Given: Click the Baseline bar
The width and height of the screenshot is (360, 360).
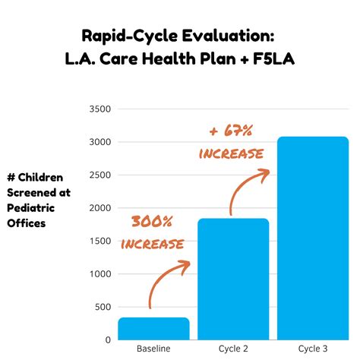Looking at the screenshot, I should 153,328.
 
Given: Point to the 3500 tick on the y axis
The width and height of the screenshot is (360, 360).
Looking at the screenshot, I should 100,109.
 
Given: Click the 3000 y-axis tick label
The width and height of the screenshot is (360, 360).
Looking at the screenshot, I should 100,142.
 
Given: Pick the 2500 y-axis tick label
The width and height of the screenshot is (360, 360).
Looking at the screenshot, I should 100,175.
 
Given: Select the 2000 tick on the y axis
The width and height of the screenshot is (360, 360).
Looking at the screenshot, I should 100,208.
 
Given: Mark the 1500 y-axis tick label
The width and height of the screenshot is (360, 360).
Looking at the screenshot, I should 100,241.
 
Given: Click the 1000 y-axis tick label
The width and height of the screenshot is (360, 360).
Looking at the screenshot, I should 100,274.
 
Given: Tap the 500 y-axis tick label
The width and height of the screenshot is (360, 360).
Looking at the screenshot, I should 103,307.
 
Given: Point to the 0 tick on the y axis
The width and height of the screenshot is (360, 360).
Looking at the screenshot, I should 108,339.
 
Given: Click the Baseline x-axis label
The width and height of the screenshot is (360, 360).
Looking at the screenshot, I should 153,349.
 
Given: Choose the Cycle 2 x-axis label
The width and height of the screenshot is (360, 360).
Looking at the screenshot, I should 233,349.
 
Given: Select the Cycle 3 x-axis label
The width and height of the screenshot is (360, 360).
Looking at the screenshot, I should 313,349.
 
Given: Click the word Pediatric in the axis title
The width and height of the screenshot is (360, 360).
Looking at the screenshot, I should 31,208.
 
